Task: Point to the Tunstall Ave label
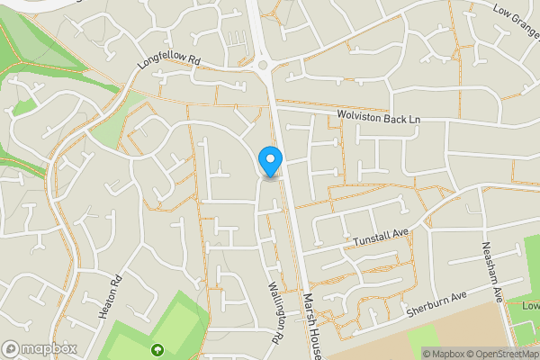[382, 236]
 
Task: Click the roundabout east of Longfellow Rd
[264, 65]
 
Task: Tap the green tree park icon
[158, 350]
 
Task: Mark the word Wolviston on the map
[362, 117]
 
